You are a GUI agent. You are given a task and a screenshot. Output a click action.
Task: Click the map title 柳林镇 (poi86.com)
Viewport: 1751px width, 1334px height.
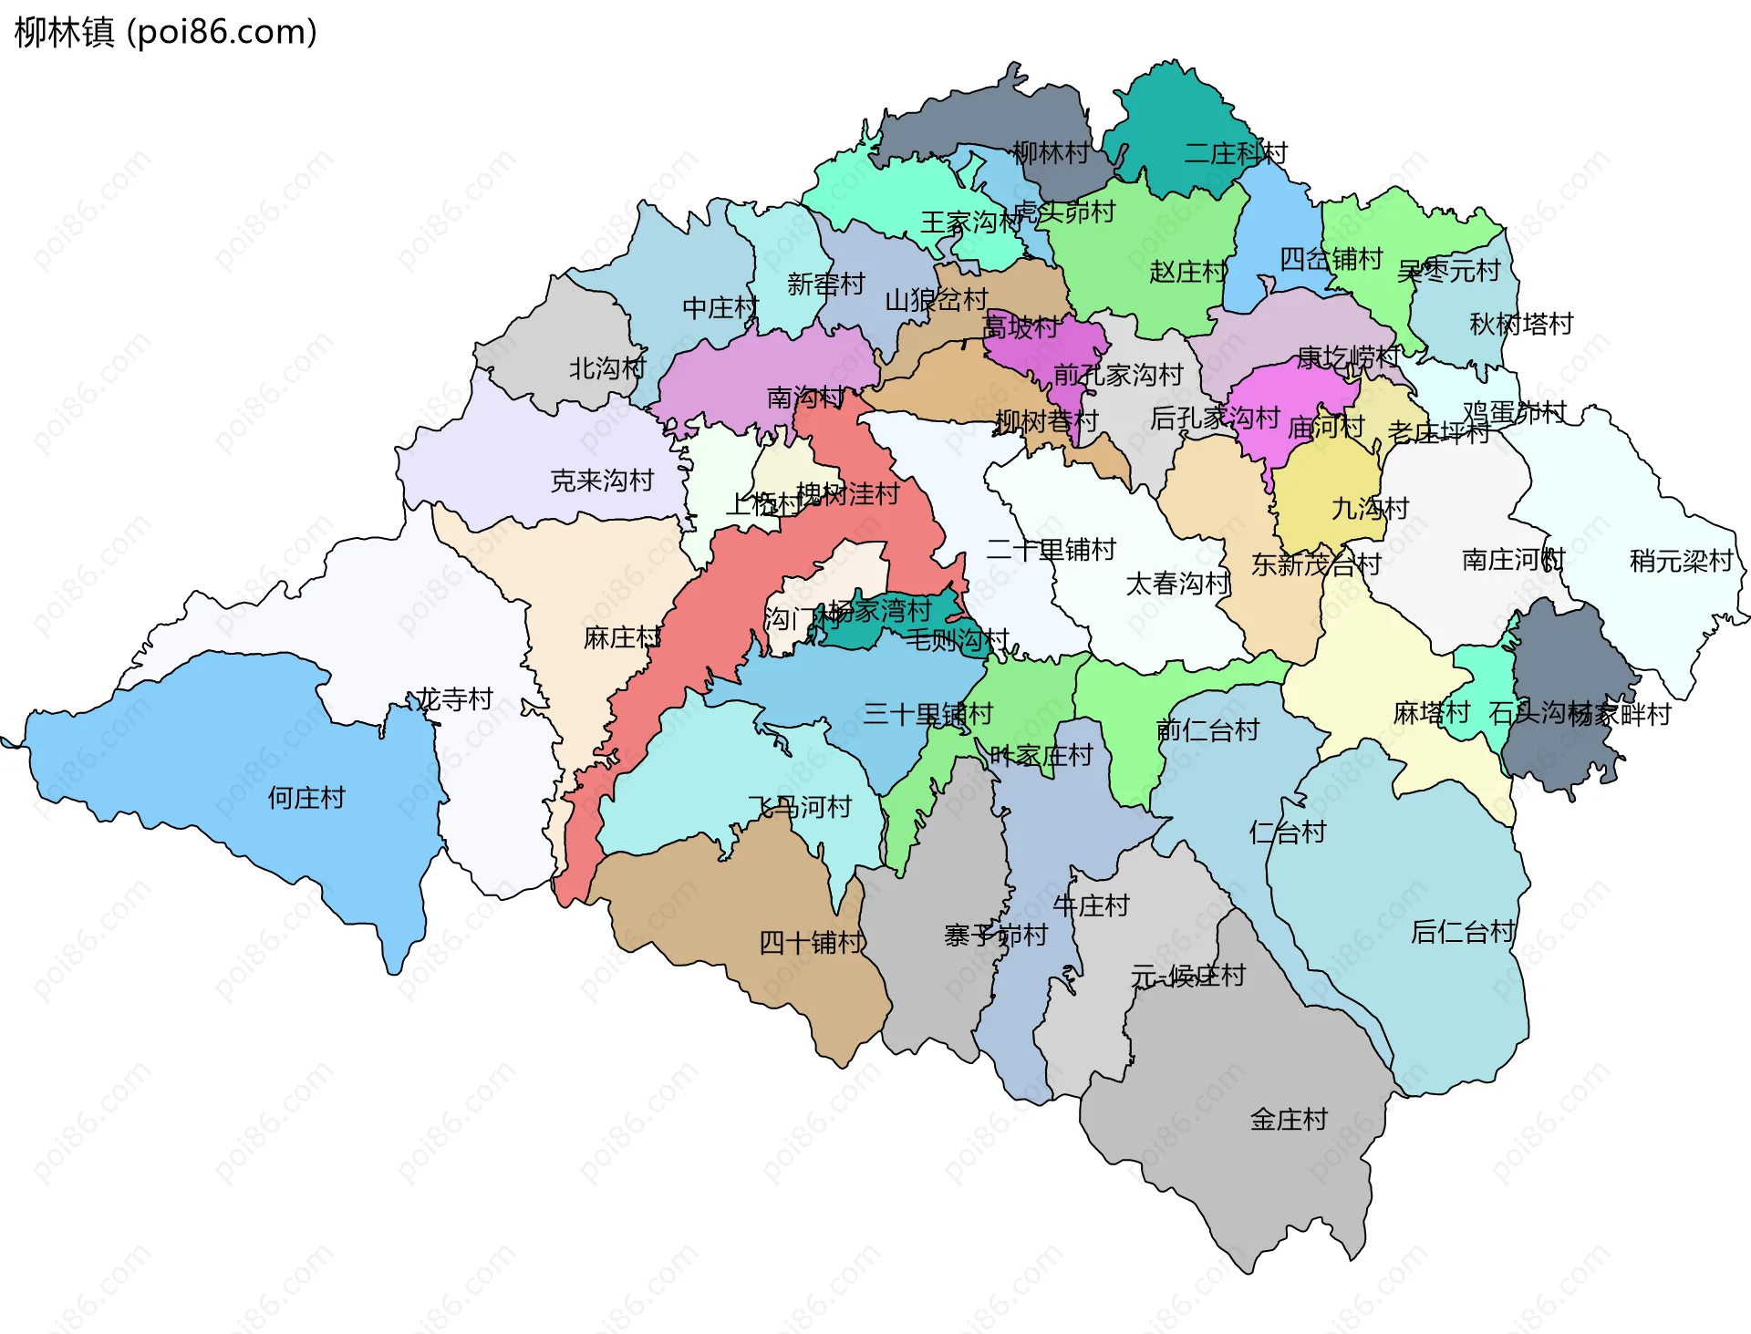(166, 32)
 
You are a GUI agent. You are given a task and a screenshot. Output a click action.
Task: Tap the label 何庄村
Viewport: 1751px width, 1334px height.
(306, 798)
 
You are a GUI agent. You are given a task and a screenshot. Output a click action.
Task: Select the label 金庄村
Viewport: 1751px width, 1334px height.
(1289, 1119)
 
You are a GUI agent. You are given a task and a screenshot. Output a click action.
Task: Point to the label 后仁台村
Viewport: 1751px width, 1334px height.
(1463, 931)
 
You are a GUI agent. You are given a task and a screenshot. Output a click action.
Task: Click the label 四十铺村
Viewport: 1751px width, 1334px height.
(812, 942)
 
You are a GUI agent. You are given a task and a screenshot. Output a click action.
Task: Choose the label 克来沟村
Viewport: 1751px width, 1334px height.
(602, 481)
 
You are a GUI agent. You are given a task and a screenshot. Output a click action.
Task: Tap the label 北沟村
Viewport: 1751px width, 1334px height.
(607, 368)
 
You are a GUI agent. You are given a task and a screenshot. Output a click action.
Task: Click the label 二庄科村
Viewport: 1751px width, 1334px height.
(1235, 153)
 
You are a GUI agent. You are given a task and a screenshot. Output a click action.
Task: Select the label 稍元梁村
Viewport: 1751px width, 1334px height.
(1681, 561)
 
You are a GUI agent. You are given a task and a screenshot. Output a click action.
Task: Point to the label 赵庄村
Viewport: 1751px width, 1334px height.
(1187, 272)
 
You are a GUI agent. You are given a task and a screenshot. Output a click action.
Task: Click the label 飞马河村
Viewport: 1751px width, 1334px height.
(800, 807)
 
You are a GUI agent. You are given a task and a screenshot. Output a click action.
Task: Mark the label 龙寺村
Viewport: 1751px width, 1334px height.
(454, 699)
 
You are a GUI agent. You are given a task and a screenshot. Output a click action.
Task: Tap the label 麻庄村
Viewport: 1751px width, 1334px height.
(622, 637)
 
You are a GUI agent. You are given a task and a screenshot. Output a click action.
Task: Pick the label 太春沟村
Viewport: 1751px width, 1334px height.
(1176, 584)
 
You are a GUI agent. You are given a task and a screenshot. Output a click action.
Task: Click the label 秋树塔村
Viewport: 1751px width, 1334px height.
(1521, 324)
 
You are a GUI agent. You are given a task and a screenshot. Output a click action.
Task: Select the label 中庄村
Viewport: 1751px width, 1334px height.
(720, 308)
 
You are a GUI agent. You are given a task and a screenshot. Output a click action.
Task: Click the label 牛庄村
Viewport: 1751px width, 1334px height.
(1091, 905)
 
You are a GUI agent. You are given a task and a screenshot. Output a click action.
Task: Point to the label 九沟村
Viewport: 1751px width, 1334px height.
(1370, 508)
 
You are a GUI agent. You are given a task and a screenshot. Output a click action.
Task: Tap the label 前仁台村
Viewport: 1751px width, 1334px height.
(1207, 729)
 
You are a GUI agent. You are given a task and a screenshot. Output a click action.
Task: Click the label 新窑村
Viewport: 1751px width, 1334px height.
(825, 284)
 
